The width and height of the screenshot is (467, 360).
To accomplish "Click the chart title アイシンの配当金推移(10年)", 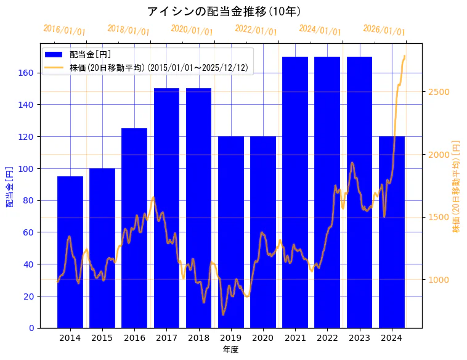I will tap(224, 11).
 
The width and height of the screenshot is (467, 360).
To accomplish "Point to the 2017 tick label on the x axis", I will tap(166, 338).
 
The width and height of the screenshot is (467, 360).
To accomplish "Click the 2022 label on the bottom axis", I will tap(327, 338).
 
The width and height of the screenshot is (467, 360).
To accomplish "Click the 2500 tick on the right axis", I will tap(438, 92).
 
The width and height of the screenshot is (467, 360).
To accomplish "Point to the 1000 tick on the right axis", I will tap(438, 280).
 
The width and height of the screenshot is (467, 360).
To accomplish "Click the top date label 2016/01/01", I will tap(64, 30).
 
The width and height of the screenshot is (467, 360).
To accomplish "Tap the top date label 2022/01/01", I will tap(256, 30).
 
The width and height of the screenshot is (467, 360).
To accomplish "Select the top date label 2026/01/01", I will tap(384, 30).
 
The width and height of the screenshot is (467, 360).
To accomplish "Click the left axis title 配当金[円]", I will tap(9, 186).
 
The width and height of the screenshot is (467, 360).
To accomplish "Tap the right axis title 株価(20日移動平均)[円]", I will tap(457, 186).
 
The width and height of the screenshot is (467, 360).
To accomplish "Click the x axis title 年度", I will tap(230, 350).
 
